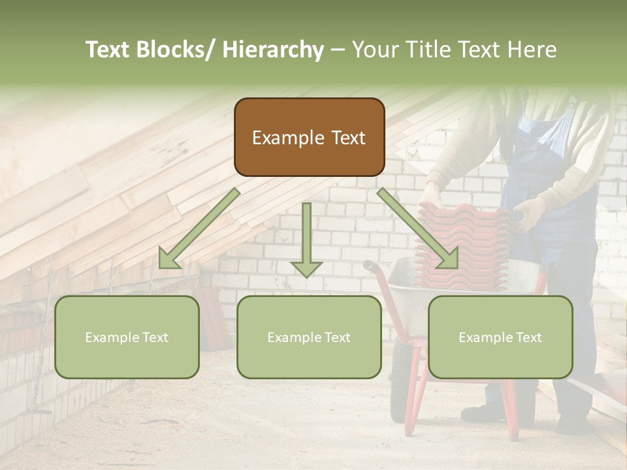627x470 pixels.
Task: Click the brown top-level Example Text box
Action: [309, 137]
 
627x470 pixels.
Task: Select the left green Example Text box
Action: [127, 337]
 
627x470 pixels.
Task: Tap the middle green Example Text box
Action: [309, 337]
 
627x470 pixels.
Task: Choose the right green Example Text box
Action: [500, 337]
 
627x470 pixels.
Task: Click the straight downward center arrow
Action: [306, 238]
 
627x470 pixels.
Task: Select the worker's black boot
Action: [480, 413]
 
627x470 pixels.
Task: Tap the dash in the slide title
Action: [338, 50]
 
